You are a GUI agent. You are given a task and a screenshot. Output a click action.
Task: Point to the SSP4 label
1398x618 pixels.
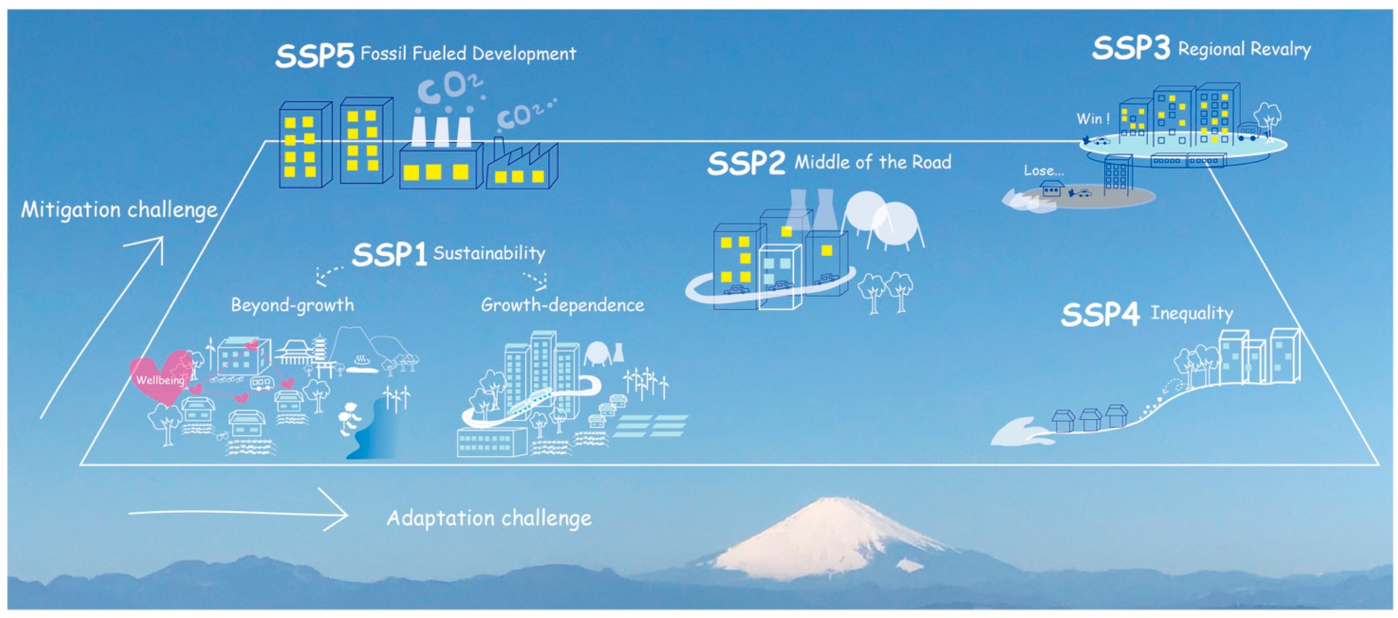pyautogui.click(x=1100, y=315)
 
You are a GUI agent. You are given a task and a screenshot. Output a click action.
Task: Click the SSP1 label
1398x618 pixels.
pyautogui.click(x=389, y=254)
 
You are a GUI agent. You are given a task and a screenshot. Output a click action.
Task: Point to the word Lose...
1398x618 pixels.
pyautogui.click(x=1043, y=171)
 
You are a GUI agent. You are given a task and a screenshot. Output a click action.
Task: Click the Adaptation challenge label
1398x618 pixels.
pyautogui.click(x=489, y=518)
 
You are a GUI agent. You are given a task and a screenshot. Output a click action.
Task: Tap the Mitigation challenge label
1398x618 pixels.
pyautogui.click(x=119, y=210)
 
